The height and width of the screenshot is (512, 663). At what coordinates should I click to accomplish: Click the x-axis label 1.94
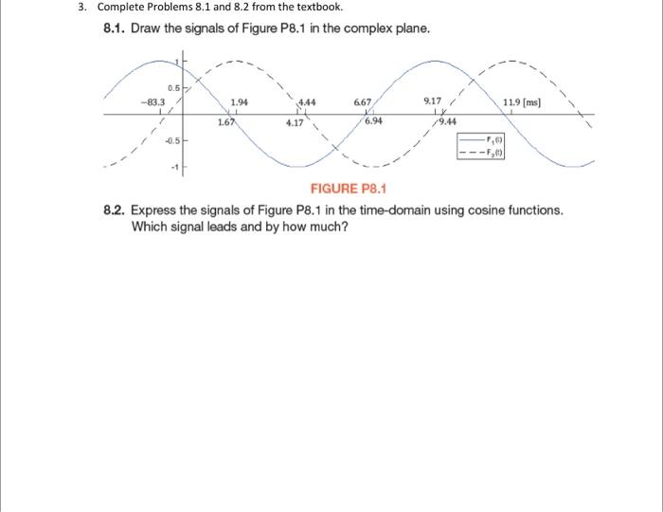240,102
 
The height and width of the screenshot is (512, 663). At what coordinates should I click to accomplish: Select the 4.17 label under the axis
295,122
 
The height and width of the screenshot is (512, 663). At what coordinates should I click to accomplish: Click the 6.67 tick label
363,102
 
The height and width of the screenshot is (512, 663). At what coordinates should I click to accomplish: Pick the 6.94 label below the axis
374,122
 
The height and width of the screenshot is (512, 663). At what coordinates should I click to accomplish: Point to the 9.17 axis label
432,101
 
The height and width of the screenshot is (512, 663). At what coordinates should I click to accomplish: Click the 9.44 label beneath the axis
446,122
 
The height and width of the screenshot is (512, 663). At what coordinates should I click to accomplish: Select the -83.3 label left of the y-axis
152,102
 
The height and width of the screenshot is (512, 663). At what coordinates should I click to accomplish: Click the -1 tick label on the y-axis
174,169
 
